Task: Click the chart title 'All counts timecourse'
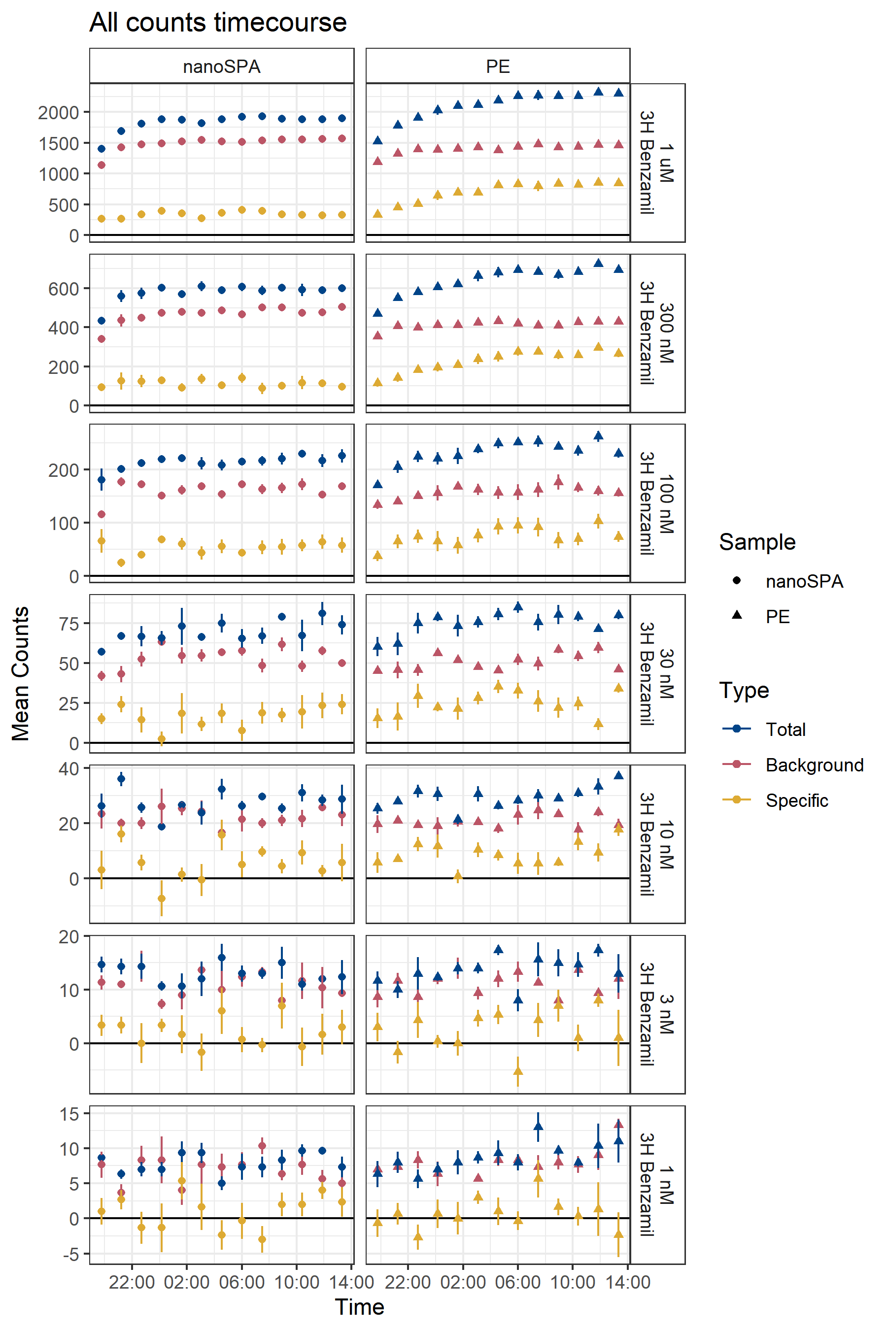[x=218, y=23]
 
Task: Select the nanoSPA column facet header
[x=221, y=66]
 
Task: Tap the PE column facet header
[x=498, y=66]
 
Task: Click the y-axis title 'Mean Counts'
[x=21, y=673]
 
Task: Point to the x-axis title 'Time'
[x=359, y=1307]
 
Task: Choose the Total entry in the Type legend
[x=785, y=730]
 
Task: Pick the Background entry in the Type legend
[x=814, y=765]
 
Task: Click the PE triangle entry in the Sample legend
[x=777, y=616]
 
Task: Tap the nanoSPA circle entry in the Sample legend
[x=804, y=581]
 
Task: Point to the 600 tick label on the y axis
[x=64, y=289]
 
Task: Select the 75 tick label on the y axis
[x=68, y=624]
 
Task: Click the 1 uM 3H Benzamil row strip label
[x=657, y=163]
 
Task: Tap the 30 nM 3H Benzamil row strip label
[x=657, y=673]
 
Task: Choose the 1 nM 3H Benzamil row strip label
[x=657, y=1185]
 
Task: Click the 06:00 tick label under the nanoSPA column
[x=241, y=1282]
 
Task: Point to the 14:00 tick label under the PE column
[x=627, y=1282]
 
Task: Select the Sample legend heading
[x=757, y=542]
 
